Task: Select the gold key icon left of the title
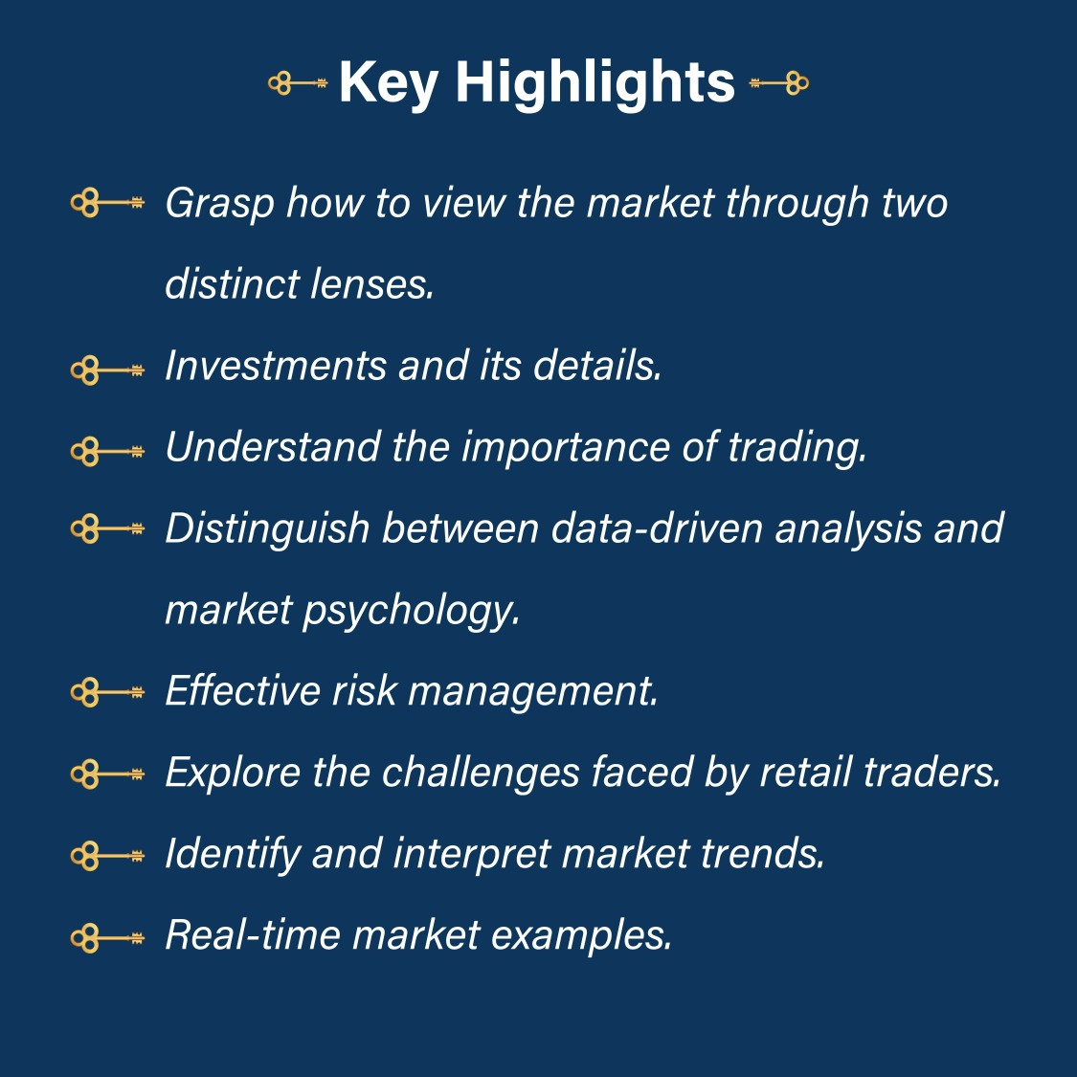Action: (298, 83)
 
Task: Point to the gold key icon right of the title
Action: (778, 83)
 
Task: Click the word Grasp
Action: (219, 204)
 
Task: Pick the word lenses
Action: (372, 284)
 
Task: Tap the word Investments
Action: (276, 365)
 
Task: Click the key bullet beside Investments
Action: (107, 371)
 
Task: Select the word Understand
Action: (273, 446)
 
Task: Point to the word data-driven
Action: (657, 527)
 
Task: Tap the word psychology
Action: (411, 611)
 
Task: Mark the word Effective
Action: (242, 690)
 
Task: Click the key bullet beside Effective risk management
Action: (107, 692)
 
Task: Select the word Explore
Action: (233, 773)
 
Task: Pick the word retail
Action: (805, 772)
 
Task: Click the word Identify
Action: (233, 854)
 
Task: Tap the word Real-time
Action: (253, 934)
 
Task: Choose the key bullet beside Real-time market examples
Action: (107, 938)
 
